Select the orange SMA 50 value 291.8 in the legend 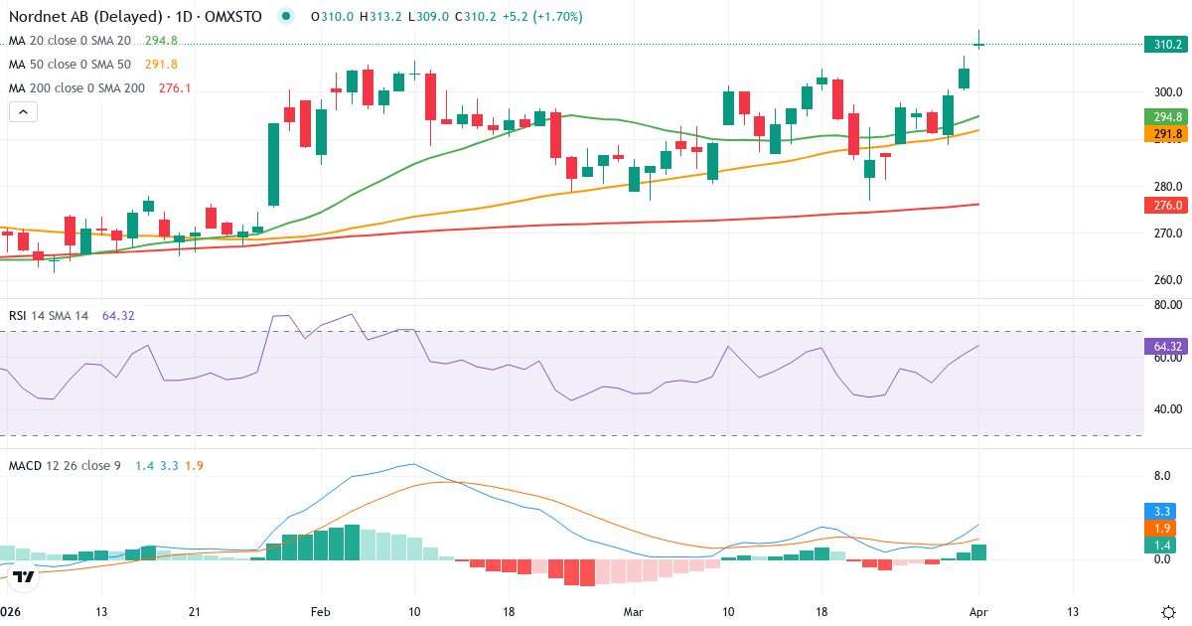pyautogui.click(x=161, y=65)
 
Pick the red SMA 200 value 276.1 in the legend pyautogui.click(x=175, y=88)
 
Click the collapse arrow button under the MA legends pyautogui.click(x=23, y=112)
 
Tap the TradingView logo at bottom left pyautogui.click(x=25, y=575)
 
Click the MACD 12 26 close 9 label pyautogui.click(x=65, y=465)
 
